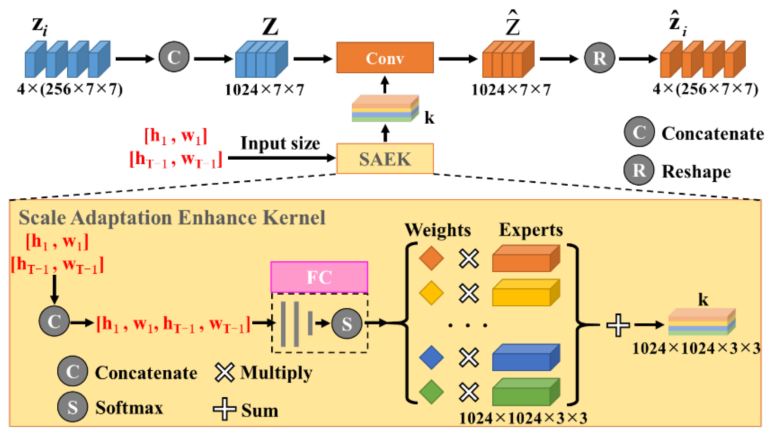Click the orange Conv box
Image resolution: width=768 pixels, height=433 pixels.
[384, 58]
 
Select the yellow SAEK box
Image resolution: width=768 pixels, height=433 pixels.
[384, 159]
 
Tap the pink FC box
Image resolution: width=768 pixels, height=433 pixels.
[319, 277]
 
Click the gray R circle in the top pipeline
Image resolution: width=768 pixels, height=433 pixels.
[599, 58]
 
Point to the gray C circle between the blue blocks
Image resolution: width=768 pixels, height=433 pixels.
[174, 57]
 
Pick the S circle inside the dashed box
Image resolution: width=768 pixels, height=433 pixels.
[346, 324]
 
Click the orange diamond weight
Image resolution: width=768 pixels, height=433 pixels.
[431, 258]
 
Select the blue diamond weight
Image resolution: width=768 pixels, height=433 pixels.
[431, 357]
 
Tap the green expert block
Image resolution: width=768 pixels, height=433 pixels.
[525, 392]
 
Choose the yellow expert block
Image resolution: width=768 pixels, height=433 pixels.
[525, 293]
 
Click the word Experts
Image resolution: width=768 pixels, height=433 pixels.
[530, 230]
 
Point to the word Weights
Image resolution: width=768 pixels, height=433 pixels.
[438, 230]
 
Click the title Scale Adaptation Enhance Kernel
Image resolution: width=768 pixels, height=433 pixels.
[172, 218]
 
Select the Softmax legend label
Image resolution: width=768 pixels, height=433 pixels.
[129, 408]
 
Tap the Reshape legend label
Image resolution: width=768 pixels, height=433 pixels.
[696, 171]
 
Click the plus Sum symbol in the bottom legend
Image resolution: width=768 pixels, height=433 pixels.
[224, 409]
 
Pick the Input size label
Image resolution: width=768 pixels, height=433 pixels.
[280, 143]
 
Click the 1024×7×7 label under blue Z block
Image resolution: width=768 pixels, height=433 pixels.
[264, 90]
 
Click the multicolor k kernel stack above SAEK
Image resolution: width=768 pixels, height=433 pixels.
[384, 109]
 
